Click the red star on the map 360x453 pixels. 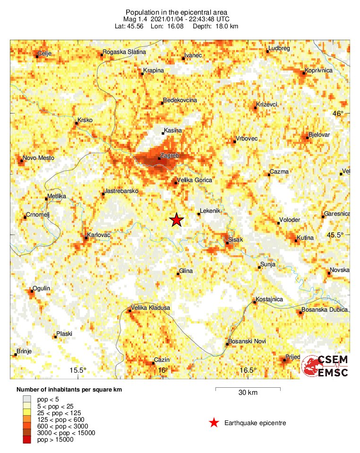point(176,220)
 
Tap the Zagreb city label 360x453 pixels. point(169,155)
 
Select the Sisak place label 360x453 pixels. point(235,240)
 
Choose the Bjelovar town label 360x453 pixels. point(319,135)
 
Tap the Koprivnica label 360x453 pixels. point(319,70)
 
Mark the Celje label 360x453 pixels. point(45,53)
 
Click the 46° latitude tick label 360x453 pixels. point(339,113)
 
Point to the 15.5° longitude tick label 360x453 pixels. point(78,370)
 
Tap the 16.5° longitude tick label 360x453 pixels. point(248,370)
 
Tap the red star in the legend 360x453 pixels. point(214,423)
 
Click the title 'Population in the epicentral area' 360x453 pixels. point(176,12)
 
